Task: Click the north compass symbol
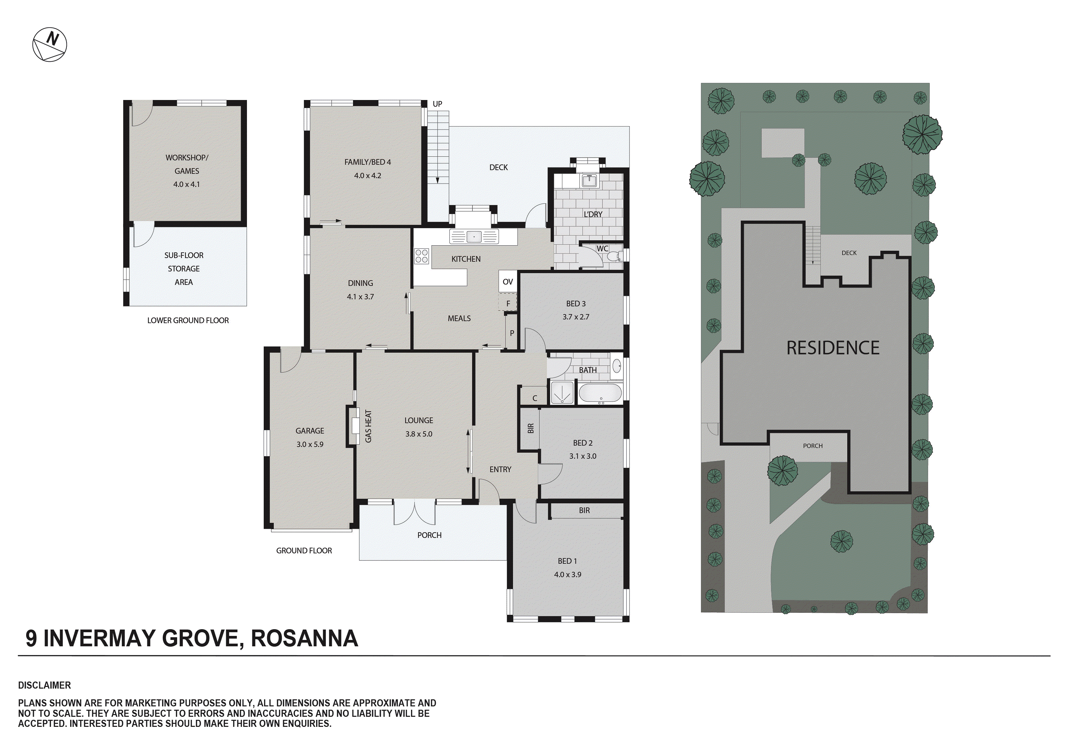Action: (x=50, y=45)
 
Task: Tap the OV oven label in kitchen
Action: (x=508, y=282)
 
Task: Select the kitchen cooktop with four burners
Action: (x=422, y=256)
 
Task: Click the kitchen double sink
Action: (x=474, y=237)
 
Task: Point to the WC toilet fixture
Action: (x=614, y=256)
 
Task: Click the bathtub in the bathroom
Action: (x=600, y=394)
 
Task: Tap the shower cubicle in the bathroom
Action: (x=562, y=393)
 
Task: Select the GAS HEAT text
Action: (x=368, y=426)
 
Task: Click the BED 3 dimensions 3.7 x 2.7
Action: (x=576, y=317)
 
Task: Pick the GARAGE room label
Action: (x=310, y=431)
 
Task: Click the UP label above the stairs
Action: (x=437, y=104)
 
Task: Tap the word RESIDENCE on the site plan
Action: (x=833, y=348)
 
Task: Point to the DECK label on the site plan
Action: (x=849, y=253)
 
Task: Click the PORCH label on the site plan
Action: (x=812, y=446)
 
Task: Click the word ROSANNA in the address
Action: (x=305, y=639)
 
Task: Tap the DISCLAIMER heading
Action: (x=45, y=685)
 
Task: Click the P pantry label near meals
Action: (x=512, y=333)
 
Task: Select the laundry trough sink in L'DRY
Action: (x=590, y=180)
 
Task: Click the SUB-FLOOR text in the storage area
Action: (x=184, y=255)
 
